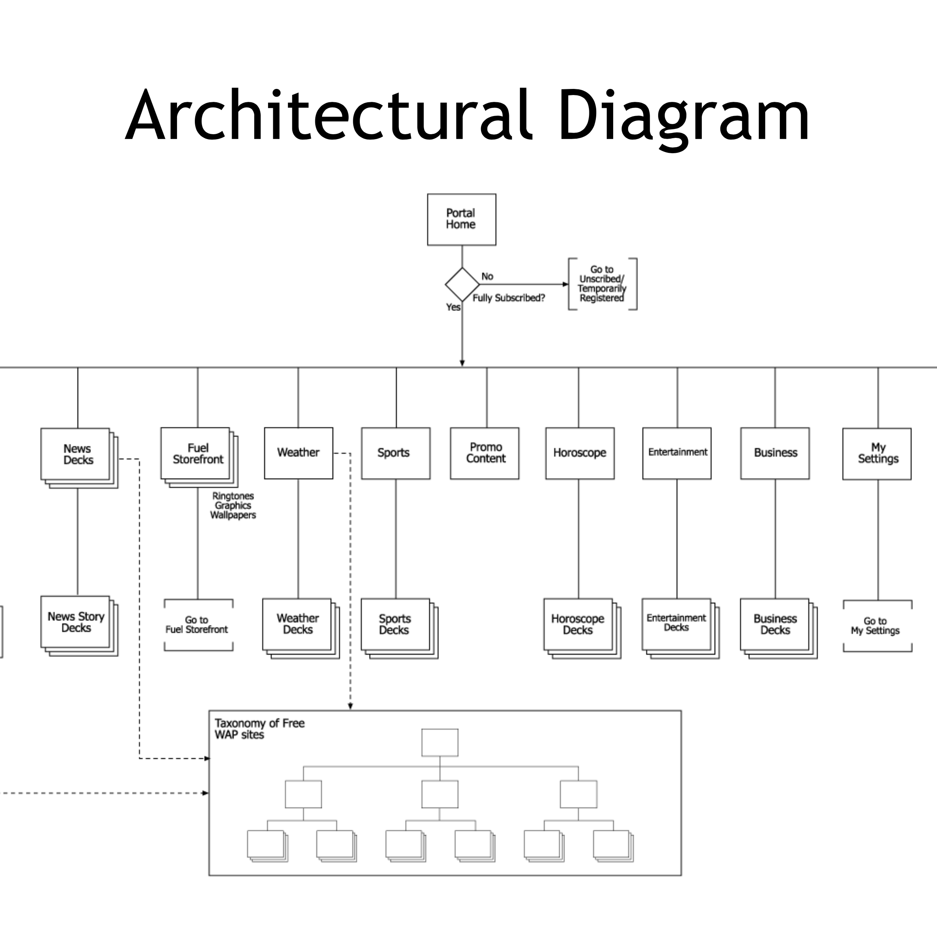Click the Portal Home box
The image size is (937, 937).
tap(461, 219)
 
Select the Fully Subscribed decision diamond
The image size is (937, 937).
tap(462, 284)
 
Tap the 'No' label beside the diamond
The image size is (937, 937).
tap(487, 276)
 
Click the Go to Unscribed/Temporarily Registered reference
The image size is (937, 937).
tap(602, 284)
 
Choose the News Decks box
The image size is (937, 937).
tap(76, 454)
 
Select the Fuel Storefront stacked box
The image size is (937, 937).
tap(196, 454)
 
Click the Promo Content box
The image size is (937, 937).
tap(485, 453)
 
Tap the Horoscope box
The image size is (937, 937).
tap(580, 453)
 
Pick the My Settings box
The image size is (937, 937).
tap(876, 454)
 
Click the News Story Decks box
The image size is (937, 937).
tap(76, 622)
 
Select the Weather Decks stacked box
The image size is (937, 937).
tap(297, 624)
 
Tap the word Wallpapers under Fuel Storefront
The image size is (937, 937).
tap(233, 515)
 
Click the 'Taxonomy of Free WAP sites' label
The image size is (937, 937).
tap(259, 729)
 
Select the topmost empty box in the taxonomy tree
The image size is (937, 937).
tap(439, 743)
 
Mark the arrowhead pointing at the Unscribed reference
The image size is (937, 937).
tap(565, 284)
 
